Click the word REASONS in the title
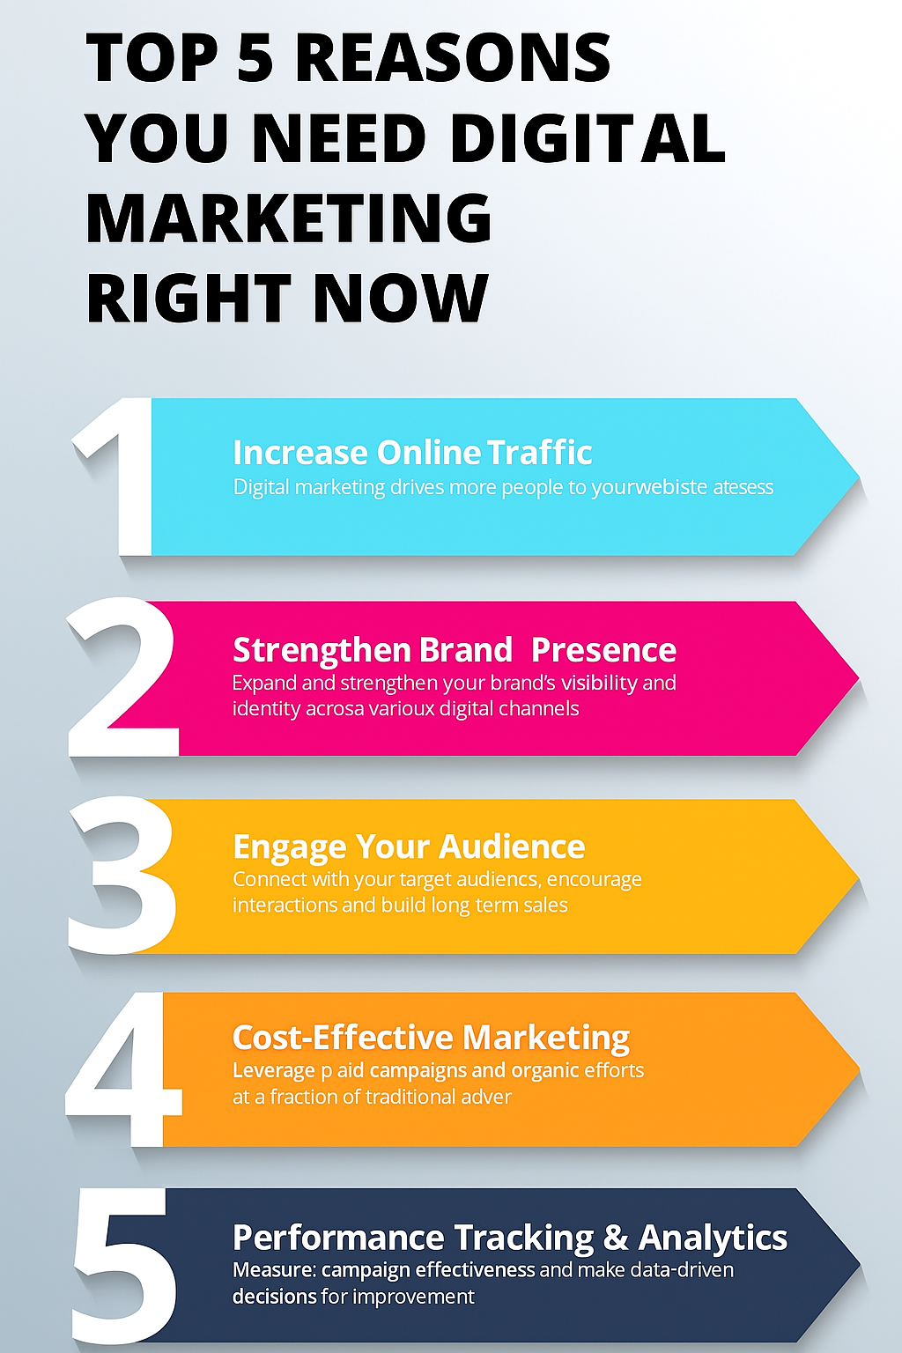point(454,58)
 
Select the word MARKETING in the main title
point(289,218)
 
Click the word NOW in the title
point(401,297)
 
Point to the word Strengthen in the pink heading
point(322,651)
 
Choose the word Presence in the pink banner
point(603,651)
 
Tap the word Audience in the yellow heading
point(513,847)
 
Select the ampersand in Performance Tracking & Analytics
point(616,1237)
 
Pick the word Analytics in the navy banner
point(713,1238)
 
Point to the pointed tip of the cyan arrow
point(859,477)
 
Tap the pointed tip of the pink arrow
point(859,677)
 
